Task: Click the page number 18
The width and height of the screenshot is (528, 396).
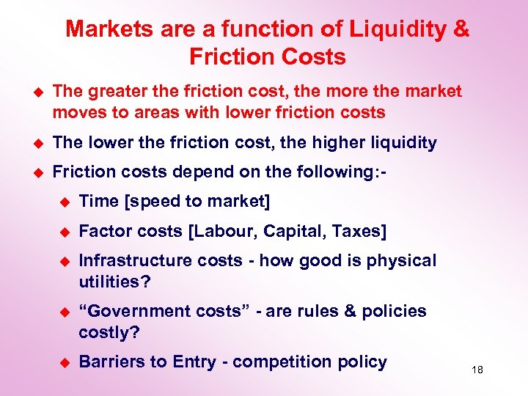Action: [477, 370]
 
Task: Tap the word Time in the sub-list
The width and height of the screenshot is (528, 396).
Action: [96, 201]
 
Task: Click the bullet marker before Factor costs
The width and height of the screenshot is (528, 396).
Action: [63, 231]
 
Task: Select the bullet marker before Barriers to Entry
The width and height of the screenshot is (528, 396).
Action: [63, 362]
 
